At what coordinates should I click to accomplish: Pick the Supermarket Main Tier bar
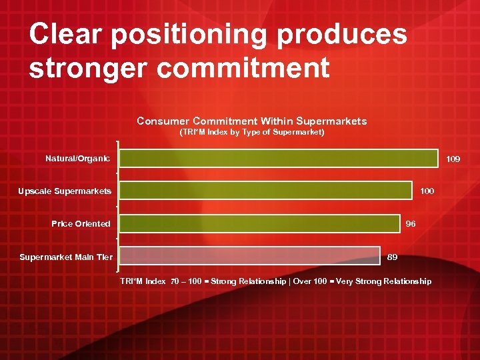coord(250,256)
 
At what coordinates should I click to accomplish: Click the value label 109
coord(453,159)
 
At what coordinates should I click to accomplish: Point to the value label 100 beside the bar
coord(427,191)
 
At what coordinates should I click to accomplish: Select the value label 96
coord(411,224)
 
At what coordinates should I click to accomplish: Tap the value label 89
coord(393,257)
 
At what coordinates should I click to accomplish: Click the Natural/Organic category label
coord(77,159)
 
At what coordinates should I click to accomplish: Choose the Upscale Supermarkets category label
coord(65,191)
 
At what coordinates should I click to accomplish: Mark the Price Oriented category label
coord(81,224)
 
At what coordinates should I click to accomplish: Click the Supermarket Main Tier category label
coord(66,257)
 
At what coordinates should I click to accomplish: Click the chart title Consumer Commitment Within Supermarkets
coord(251,121)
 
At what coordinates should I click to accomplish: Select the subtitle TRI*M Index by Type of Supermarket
coord(252,133)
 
